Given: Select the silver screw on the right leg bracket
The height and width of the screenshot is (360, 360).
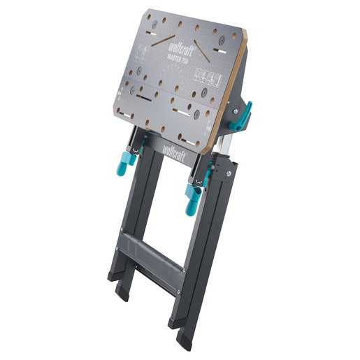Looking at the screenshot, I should [229, 171].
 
